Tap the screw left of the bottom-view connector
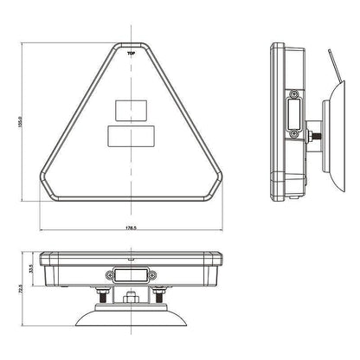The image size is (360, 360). (x=108, y=275)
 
